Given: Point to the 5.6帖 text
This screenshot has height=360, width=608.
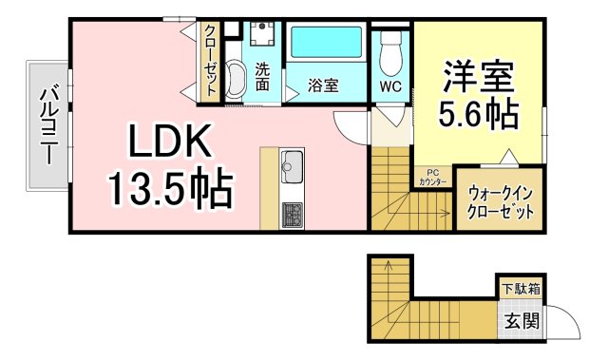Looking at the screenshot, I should pyautogui.click(x=478, y=115).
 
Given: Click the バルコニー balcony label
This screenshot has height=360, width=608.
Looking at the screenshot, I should pyautogui.click(x=47, y=125).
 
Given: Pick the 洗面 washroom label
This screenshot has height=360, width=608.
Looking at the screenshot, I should pyautogui.click(x=261, y=76).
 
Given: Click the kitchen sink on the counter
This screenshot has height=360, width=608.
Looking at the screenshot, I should pyautogui.click(x=291, y=167).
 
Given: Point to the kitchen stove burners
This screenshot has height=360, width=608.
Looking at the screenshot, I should pyautogui.click(x=291, y=214).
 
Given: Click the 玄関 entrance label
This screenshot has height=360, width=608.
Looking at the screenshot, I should pyautogui.click(x=521, y=320).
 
